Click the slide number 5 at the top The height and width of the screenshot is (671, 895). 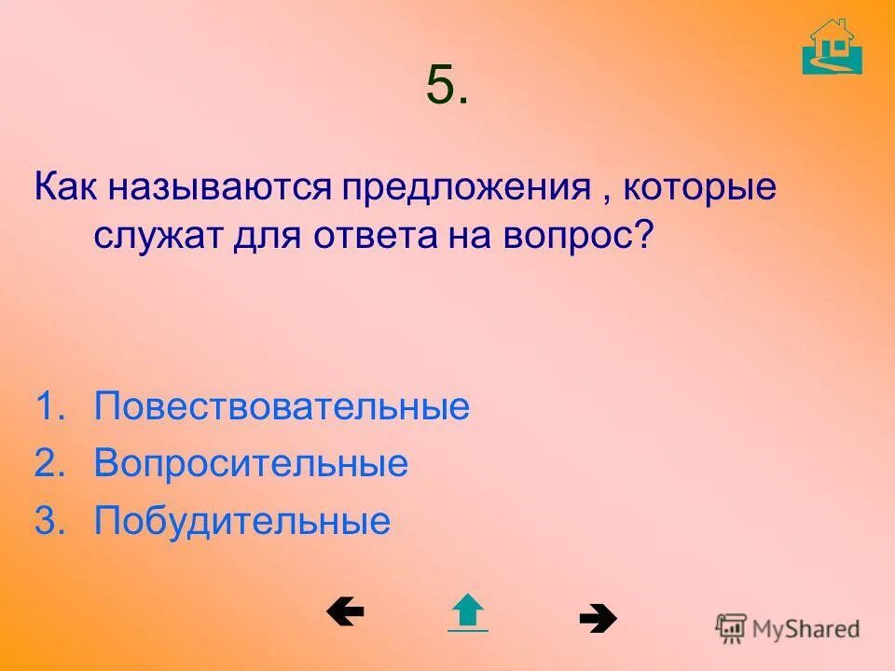[447, 87]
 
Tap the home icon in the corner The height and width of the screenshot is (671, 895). [832, 47]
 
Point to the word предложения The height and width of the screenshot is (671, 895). [466, 187]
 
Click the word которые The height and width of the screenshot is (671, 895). [698, 187]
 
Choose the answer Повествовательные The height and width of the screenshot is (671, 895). [282, 407]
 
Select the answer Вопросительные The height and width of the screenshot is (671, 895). [251, 463]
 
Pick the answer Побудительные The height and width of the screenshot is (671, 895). [241, 520]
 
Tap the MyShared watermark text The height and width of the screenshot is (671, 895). [805, 628]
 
